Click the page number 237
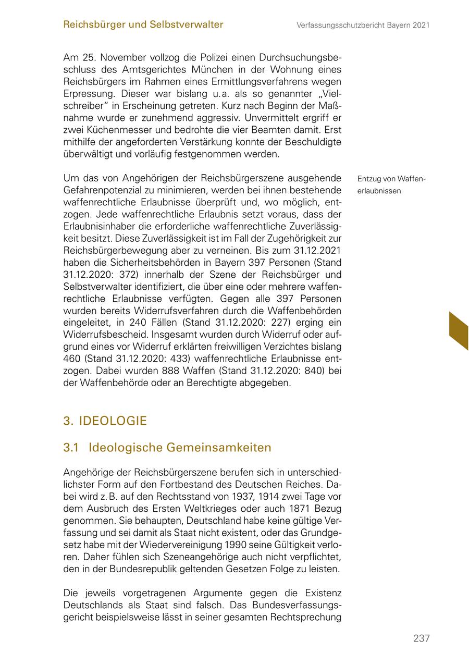click(x=421, y=638)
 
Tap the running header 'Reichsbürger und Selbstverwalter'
click(x=143, y=24)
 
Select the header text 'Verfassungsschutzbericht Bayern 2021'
click(x=363, y=25)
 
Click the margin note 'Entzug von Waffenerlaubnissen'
click(x=391, y=184)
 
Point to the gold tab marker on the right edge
click(x=458, y=330)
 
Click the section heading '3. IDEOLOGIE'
click(x=105, y=421)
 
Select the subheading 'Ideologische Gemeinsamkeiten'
click(x=180, y=448)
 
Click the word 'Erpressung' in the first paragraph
click(x=89, y=94)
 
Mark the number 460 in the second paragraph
click(x=72, y=359)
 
